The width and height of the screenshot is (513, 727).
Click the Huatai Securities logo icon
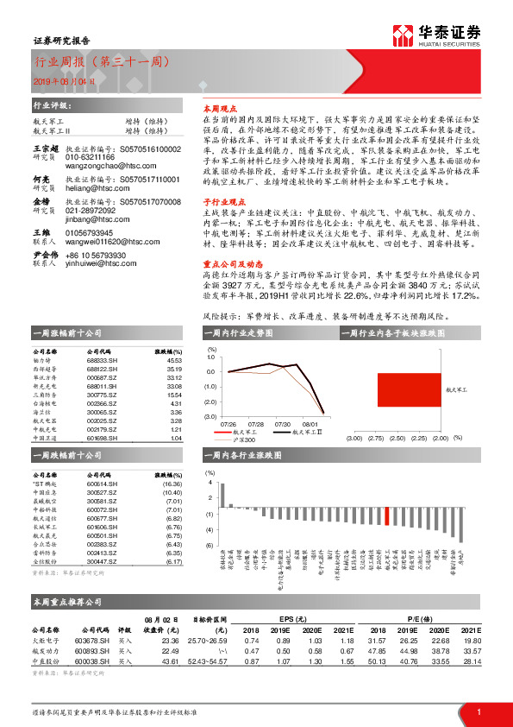403,35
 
